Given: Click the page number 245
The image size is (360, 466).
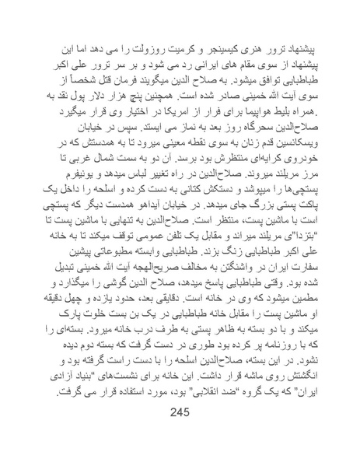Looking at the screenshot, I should [180, 434].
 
